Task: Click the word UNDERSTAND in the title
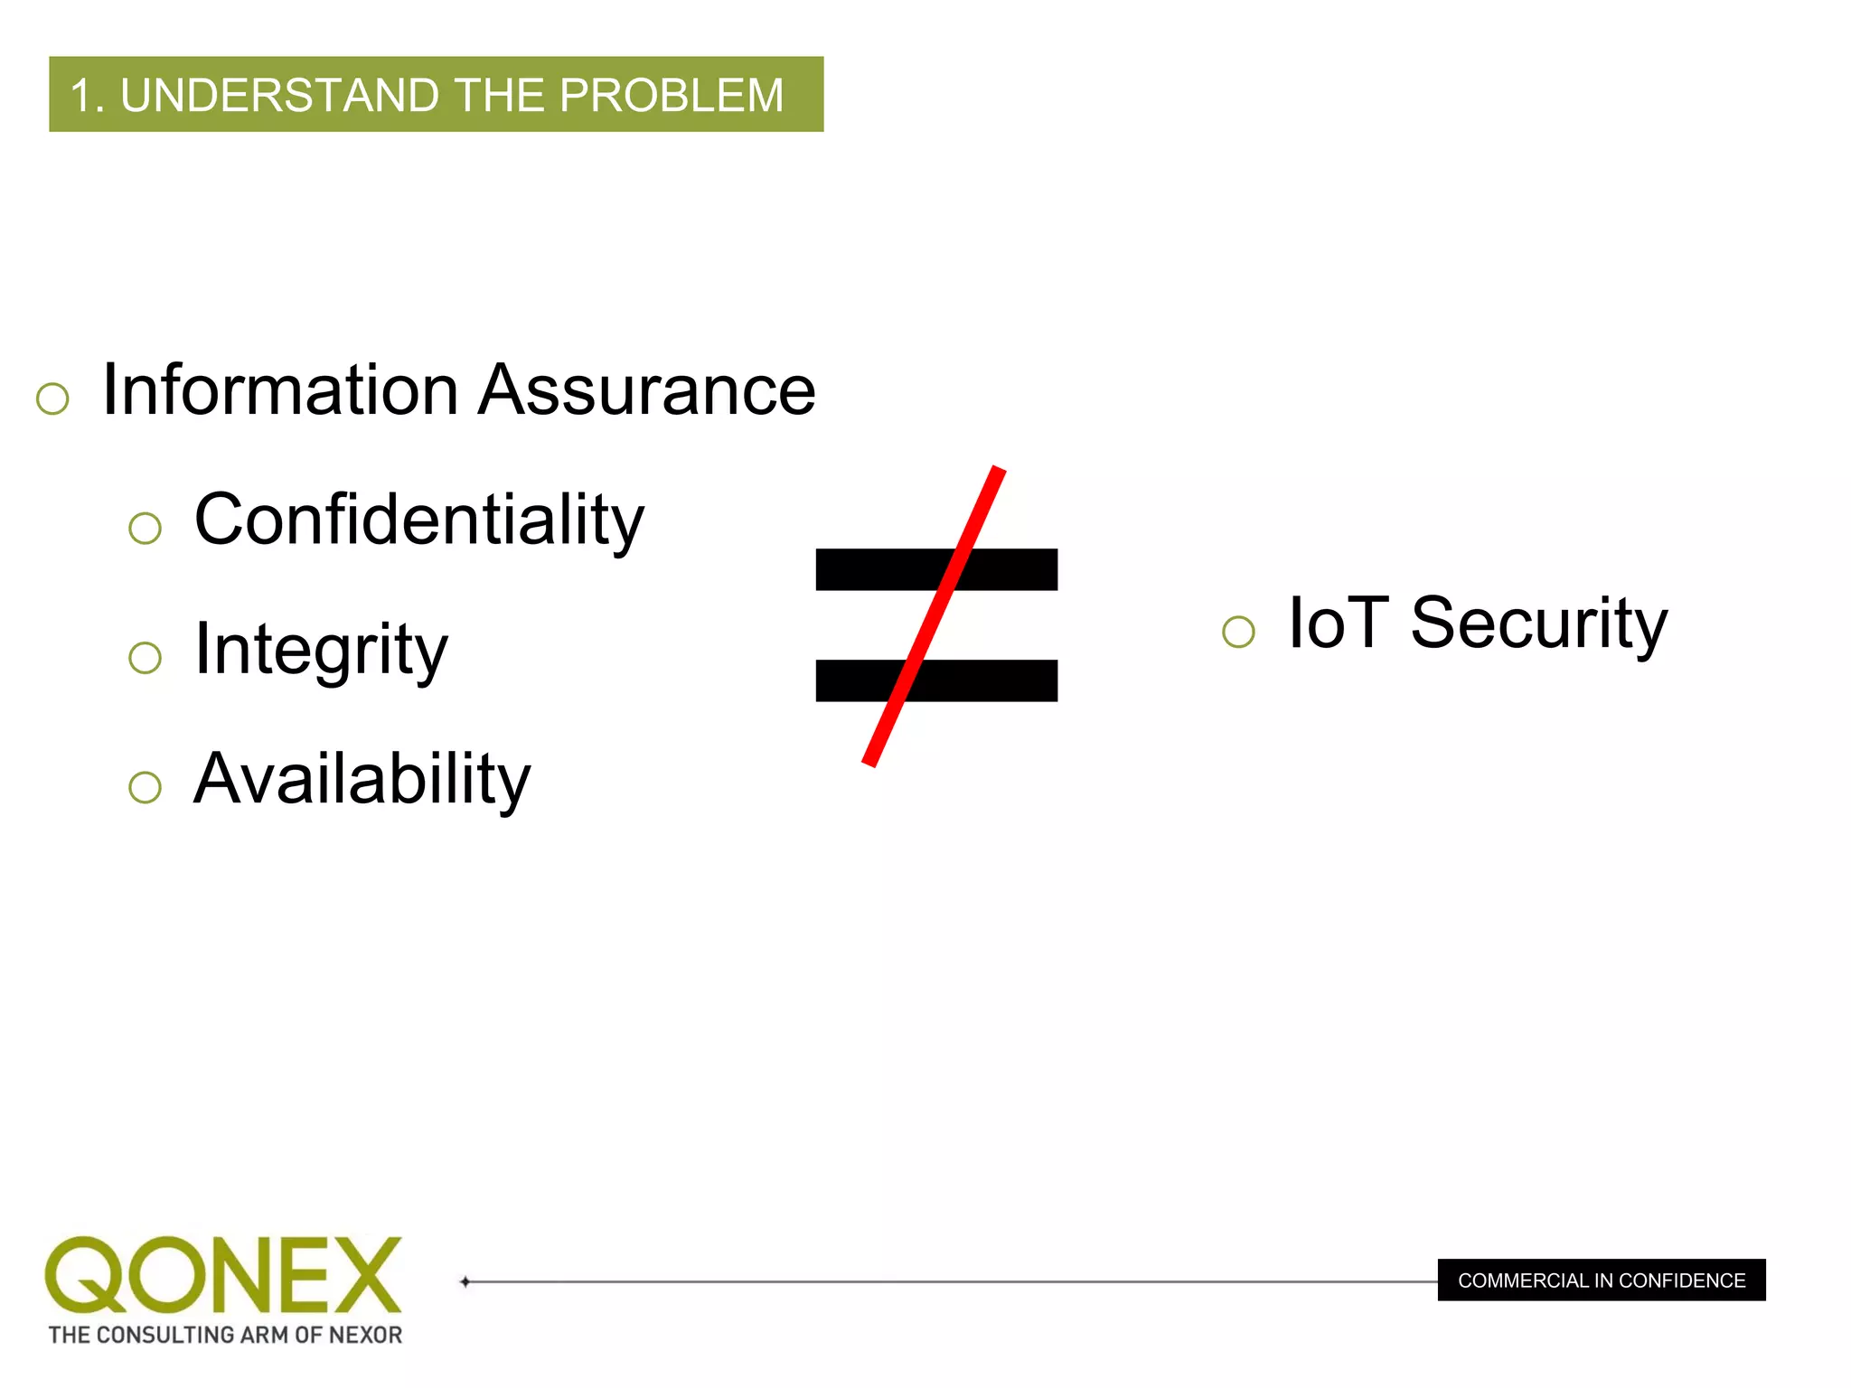(x=279, y=95)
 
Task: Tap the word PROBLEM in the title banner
(x=672, y=95)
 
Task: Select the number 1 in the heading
(x=83, y=96)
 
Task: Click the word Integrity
(x=321, y=650)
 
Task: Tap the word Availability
(x=362, y=779)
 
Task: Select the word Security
(x=1538, y=623)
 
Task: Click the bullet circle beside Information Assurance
(x=52, y=399)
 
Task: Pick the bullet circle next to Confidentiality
(x=145, y=528)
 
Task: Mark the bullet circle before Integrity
(x=145, y=658)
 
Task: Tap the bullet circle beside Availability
(x=145, y=787)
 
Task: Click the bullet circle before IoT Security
(x=1238, y=632)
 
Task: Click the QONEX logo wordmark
(x=223, y=1274)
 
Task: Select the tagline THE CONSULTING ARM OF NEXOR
(x=225, y=1335)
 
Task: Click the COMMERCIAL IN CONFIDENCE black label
(x=1602, y=1280)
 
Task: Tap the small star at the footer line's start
(x=465, y=1281)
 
